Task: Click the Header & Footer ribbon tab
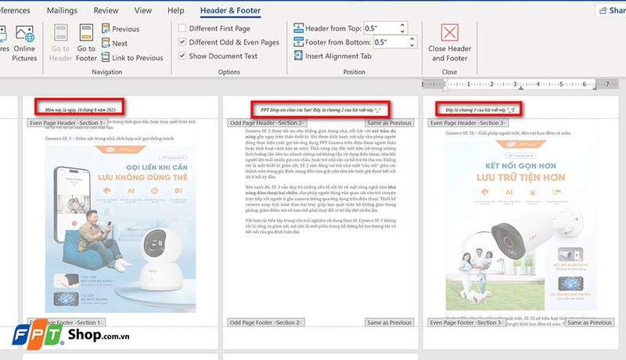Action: [x=230, y=10]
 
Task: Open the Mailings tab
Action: [x=62, y=10]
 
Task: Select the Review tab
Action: [x=106, y=10]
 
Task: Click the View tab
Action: [x=142, y=10]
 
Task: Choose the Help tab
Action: [x=176, y=10]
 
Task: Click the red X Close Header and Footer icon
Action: [x=449, y=34]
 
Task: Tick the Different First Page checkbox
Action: [x=182, y=29]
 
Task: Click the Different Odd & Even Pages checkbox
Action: [x=182, y=42]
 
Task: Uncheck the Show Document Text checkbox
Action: [x=182, y=56]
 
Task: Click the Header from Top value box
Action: [x=390, y=28]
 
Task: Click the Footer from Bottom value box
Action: [x=390, y=42]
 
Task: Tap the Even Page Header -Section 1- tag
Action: [x=66, y=123]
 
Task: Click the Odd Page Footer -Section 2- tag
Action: [x=265, y=322]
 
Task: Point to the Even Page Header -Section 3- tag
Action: [x=468, y=123]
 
